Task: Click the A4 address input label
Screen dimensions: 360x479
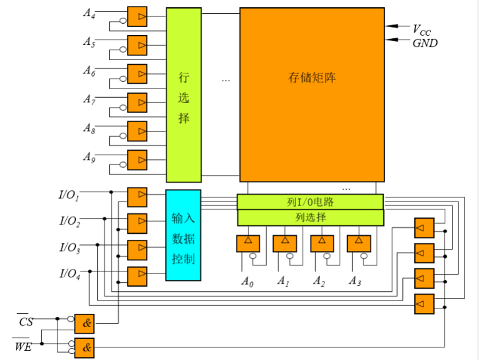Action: coord(89,13)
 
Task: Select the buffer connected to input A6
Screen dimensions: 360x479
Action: coord(137,73)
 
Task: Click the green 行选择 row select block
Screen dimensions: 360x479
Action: coord(183,95)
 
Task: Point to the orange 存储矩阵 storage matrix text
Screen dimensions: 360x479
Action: coord(312,77)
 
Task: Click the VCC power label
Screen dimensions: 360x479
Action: coord(421,29)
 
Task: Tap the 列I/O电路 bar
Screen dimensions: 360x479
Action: coord(310,201)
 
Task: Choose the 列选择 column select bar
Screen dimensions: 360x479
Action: coord(310,217)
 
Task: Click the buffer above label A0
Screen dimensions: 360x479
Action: coord(248,242)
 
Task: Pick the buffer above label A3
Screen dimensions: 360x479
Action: coord(359,242)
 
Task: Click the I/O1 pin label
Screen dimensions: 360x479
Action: coord(69,195)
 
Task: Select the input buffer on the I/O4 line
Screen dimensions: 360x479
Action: coord(137,276)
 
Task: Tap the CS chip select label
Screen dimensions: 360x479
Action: coord(25,322)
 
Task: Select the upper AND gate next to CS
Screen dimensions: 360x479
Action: coord(85,323)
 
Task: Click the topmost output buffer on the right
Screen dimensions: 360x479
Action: coord(424,227)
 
